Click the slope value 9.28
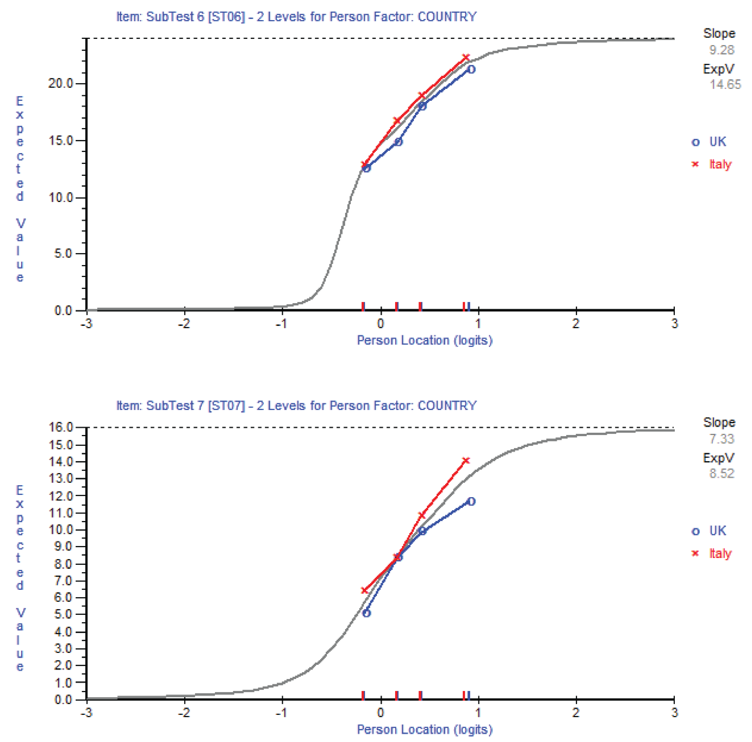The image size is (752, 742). (721, 50)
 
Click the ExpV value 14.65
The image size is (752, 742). (725, 84)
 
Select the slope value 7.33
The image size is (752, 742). (721, 439)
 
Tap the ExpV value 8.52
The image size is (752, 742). (721, 474)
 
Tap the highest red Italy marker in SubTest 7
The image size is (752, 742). (466, 461)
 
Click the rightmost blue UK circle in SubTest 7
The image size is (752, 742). (471, 502)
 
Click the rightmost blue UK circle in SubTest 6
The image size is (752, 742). (471, 70)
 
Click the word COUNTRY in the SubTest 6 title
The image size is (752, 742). (447, 17)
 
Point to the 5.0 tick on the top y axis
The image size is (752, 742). (63, 254)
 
